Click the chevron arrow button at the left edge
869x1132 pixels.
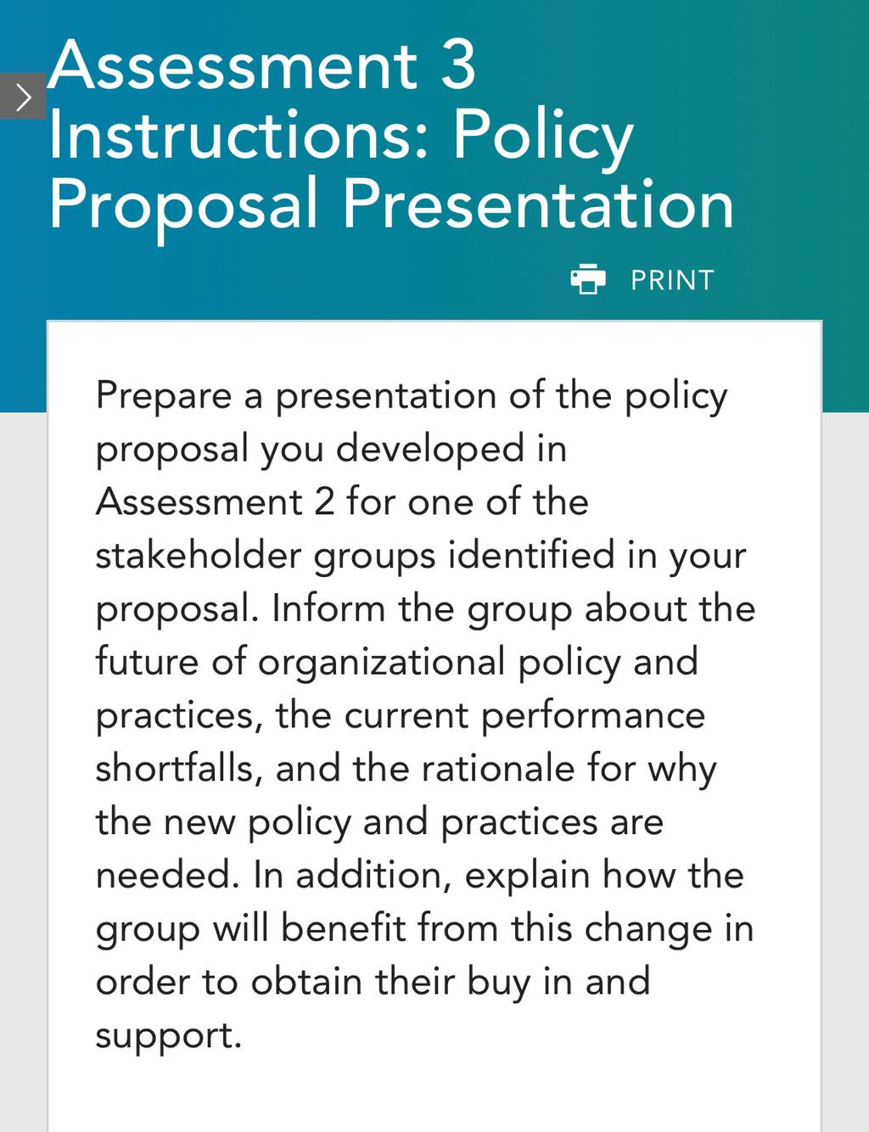23,96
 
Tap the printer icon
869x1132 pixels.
588,279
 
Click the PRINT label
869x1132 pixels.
672,280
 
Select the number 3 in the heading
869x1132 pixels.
458,66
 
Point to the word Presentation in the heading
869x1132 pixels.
538,204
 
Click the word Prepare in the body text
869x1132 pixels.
164,397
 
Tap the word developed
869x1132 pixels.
430,449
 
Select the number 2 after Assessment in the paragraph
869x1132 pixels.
324,502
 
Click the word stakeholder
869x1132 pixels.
199,555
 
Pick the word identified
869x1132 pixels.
531,555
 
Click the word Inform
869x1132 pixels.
328,608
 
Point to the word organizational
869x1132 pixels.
381,664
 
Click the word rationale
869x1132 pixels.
498,769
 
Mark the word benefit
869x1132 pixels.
344,927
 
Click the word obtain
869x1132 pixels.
306,982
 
